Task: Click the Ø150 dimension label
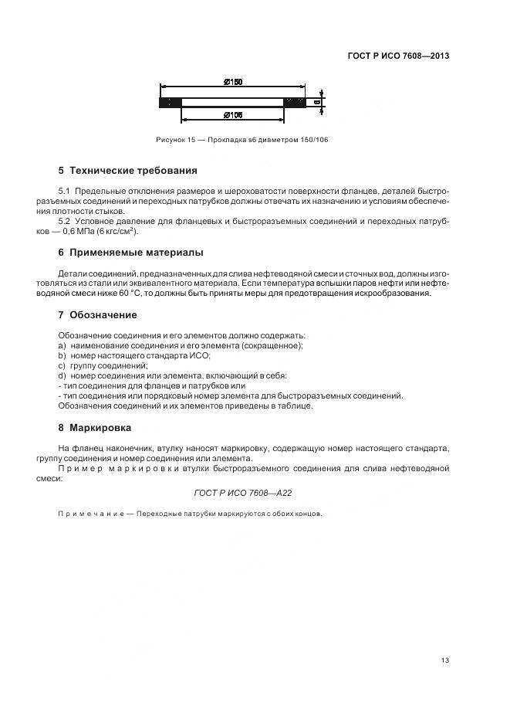tap(234, 81)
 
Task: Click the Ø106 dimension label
tap(234, 114)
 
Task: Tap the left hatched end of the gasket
tap(170, 101)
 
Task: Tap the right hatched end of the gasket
tap(294, 101)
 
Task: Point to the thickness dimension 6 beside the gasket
tap(316, 100)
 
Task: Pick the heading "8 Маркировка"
tap(95, 427)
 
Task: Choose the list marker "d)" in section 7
tap(62, 375)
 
